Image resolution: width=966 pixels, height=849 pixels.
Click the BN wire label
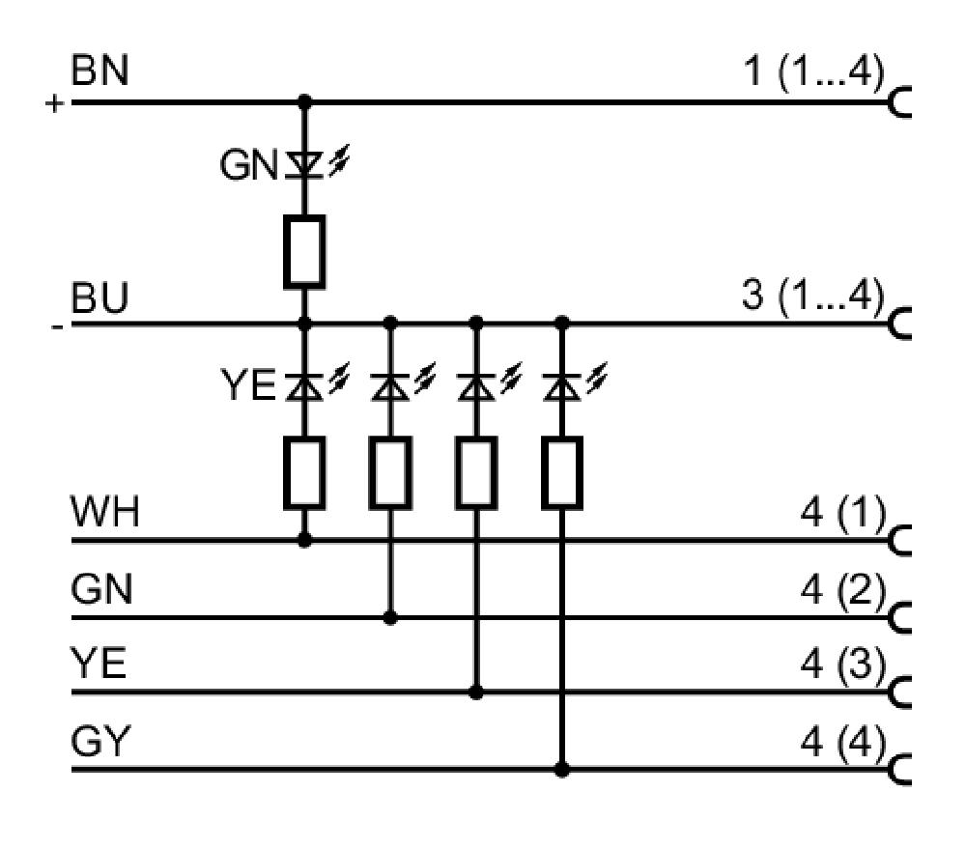click(x=99, y=71)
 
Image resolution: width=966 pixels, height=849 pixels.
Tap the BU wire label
click(x=99, y=298)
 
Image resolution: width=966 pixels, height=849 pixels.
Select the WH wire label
click(x=105, y=511)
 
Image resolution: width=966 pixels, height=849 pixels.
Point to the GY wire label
click(x=101, y=741)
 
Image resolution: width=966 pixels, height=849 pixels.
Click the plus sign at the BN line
click(x=54, y=103)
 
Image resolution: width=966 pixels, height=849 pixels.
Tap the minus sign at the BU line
click(x=57, y=326)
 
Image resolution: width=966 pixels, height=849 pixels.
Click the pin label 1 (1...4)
click(x=814, y=71)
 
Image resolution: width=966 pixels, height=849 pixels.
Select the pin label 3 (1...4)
click(x=813, y=296)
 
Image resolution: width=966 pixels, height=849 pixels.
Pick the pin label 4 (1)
click(x=843, y=512)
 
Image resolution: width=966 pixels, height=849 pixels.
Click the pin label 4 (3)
click(x=843, y=665)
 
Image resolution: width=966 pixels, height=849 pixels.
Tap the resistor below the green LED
click(x=304, y=252)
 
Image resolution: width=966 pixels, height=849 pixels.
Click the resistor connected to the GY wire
click(x=562, y=473)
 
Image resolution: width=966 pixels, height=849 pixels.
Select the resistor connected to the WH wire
click(x=304, y=473)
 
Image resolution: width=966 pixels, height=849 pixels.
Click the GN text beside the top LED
click(x=248, y=165)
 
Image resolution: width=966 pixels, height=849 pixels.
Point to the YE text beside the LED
click(x=248, y=385)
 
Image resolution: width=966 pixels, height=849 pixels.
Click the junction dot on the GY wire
click(x=562, y=770)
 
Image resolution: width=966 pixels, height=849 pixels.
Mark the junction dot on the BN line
click(x=304, y=101)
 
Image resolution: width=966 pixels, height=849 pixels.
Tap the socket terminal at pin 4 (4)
click(x=898, y=770)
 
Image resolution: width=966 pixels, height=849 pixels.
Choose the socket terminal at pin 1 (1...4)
click(x=898, y=101)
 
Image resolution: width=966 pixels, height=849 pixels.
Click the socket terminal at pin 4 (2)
click(x=898, y=617)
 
